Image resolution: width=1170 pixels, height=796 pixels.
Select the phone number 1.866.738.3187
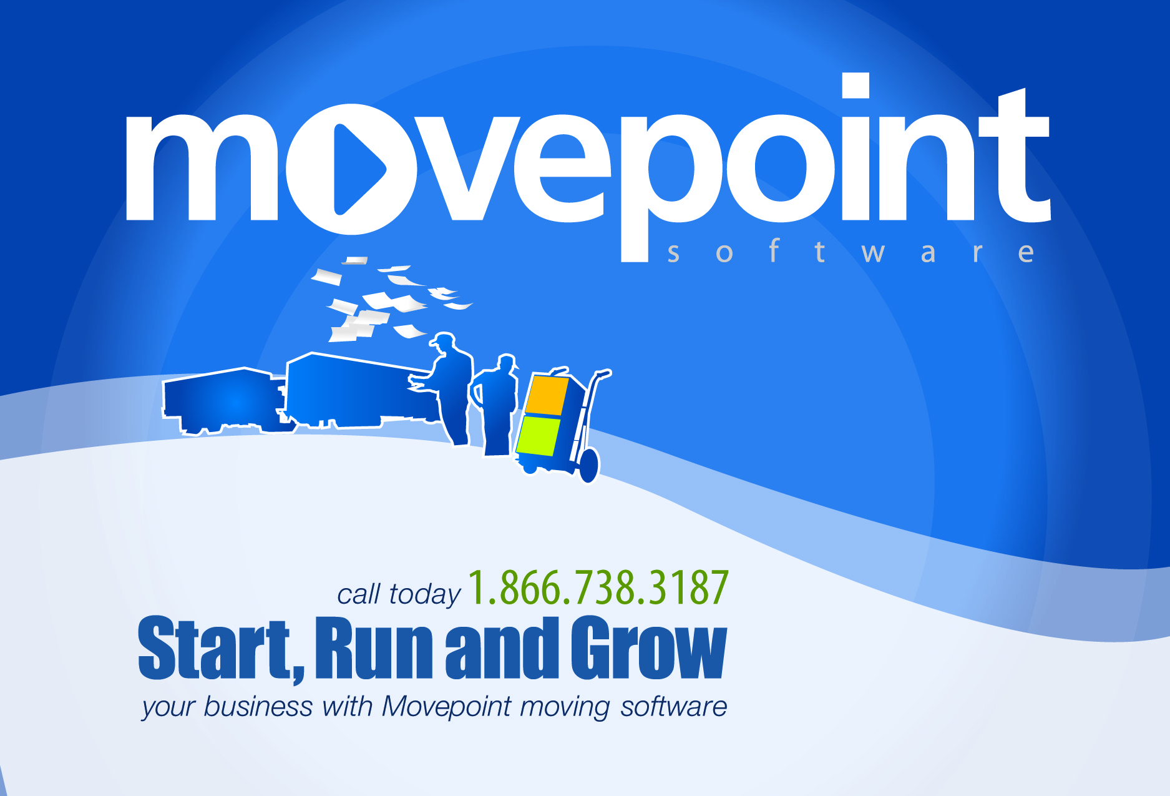coord(598,588)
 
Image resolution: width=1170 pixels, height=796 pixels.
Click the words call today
coord(398,594)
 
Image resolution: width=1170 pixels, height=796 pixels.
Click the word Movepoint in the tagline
coord(446,707)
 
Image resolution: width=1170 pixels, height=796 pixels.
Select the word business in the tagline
coord(258,707)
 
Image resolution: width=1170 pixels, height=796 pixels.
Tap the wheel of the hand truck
coord(588,465)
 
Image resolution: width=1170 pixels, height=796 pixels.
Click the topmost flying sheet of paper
coord(355,260)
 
